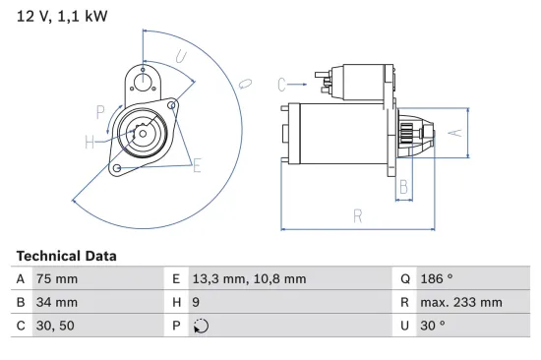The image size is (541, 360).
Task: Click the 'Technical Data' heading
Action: point(66,256)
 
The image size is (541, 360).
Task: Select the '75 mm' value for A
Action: point(56,279)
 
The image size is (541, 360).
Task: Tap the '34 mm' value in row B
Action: point(56,303)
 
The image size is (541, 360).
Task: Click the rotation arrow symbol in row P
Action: point(202,327)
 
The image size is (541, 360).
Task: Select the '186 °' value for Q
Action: point(440,279)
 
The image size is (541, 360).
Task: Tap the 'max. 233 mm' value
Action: point(462,303)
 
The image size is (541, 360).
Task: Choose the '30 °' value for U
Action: point(434,327)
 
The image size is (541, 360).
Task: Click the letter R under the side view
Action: point(358,215)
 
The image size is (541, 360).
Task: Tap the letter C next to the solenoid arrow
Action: point(281,84)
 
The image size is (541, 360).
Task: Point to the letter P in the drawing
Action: point(100,110)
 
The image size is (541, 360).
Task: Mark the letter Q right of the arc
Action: point(247,83)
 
